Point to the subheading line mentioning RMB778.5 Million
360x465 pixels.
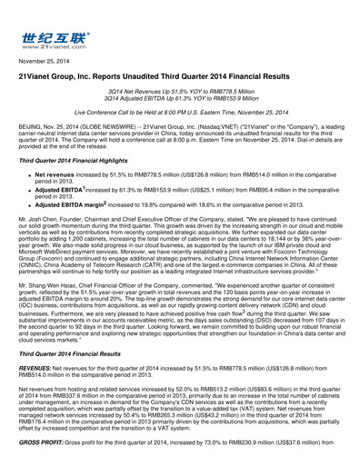click(x=179, y=94)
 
